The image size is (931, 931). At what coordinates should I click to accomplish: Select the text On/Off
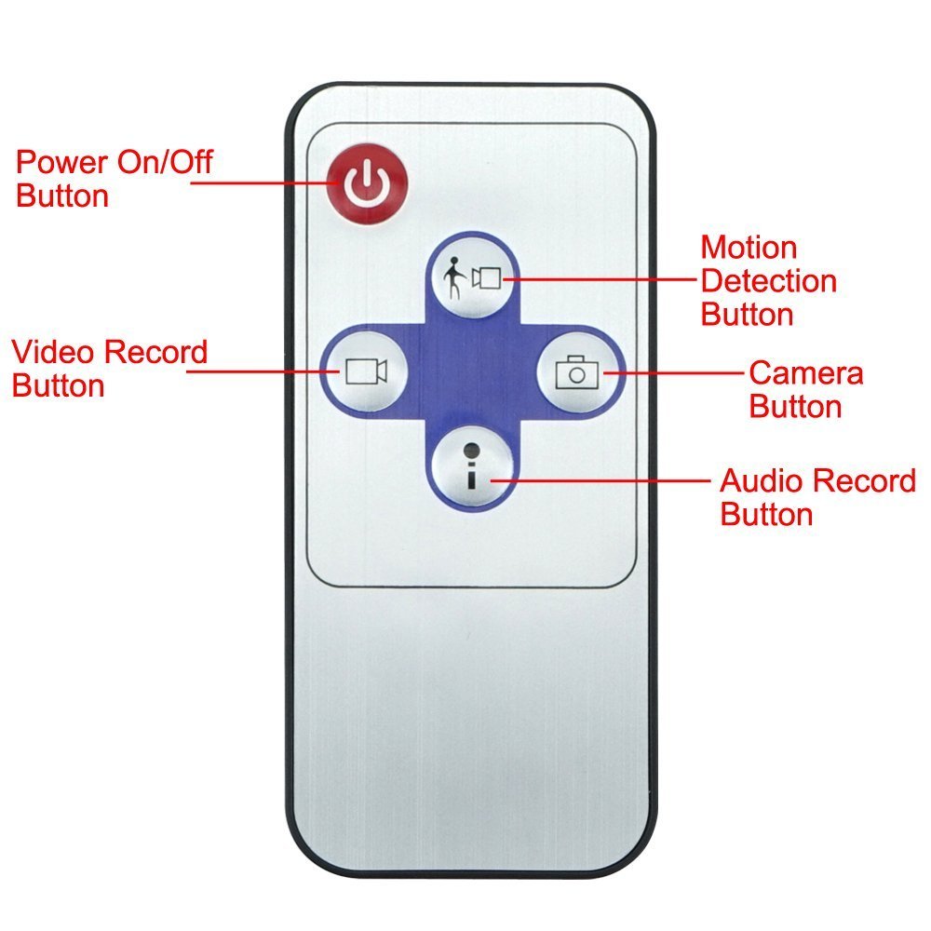point(164,164)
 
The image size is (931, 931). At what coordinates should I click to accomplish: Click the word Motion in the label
point(749,248)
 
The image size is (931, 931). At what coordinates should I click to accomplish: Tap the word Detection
point(768,280)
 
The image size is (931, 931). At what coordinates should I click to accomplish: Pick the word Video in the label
point(53,353)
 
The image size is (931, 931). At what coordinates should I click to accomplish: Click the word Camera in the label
point(805,373)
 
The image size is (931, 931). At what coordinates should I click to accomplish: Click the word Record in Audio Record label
point(867,481)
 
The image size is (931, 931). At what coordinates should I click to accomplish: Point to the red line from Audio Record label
point(605,480)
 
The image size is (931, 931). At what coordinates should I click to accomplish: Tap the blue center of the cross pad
point(473,372)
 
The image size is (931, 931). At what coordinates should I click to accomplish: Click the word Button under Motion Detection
point(747,314)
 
